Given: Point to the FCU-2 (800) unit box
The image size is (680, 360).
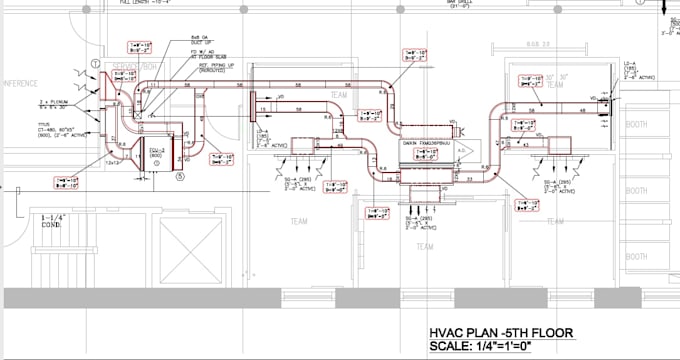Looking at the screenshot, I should pyautogui.click(x=158, y=155).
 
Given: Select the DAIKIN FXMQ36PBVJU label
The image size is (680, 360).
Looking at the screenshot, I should pyautogui.click(x=426, y=141).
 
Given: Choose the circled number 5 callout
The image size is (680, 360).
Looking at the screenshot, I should pyautogui.click(x=181, y=178).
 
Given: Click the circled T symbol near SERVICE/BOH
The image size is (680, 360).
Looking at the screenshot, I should pyautogui.click(x=96, y=64).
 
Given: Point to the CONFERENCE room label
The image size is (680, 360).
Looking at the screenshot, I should pyautogui.click(x=20, y=82).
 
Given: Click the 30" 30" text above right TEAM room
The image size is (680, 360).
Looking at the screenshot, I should pyautogui.click(x=560, y=75).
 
